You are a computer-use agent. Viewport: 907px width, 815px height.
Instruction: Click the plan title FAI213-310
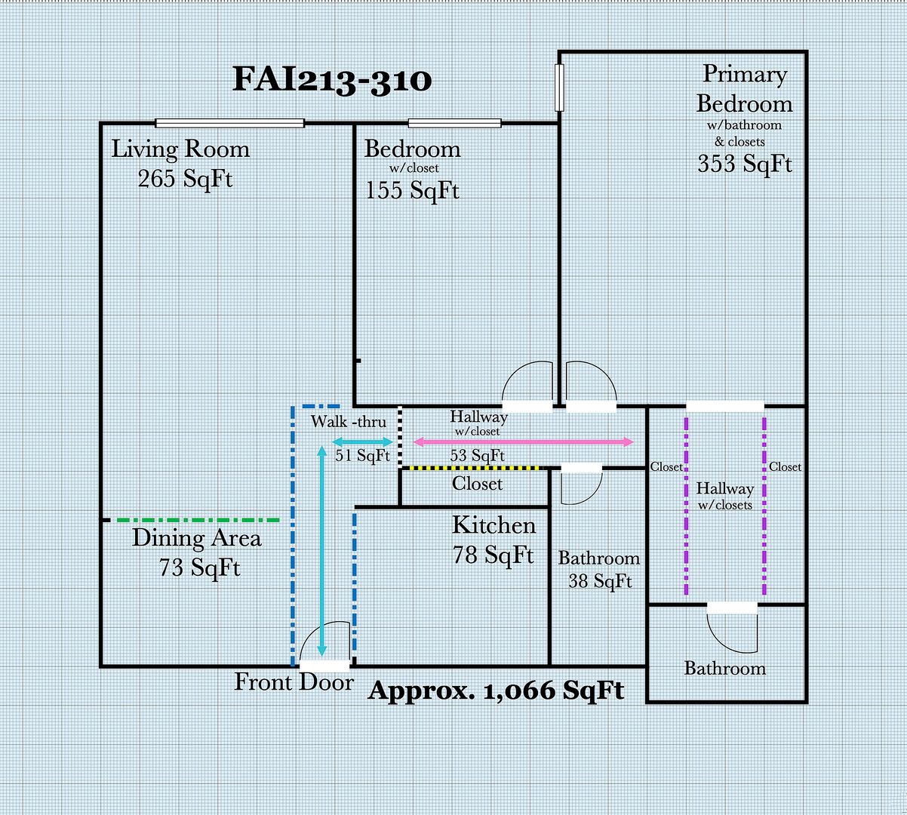[332, 80]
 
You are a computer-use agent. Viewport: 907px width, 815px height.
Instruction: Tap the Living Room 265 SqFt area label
[180, 164]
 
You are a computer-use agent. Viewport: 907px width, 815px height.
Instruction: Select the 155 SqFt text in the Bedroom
[412, 190]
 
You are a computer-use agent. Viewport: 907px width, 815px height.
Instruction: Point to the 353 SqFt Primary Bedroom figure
[745, 164]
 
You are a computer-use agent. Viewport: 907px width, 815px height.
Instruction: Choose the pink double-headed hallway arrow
[524, 442]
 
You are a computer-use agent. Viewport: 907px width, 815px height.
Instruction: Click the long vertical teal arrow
[321, 551]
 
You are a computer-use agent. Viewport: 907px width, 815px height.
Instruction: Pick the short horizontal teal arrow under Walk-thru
[363, 442]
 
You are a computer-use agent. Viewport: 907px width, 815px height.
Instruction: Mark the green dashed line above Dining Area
[198, 520]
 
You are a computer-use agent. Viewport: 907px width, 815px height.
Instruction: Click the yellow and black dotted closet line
[471, 468]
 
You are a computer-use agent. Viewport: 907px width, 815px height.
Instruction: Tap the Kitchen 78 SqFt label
[493, 540]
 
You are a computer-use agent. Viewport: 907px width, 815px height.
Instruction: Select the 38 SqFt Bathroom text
[600, 582]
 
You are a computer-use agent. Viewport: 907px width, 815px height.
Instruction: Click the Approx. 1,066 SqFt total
[496, 690]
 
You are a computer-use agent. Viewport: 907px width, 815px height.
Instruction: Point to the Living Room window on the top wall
[229, 123]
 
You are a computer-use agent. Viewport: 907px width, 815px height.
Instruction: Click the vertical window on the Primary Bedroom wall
[559, 88]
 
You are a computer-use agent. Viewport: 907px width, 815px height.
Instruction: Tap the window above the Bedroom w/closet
[454, 123]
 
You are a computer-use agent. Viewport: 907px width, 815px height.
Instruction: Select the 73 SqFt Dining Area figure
[200, 567]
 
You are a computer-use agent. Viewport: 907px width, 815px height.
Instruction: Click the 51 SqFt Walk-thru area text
[363, 455]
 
